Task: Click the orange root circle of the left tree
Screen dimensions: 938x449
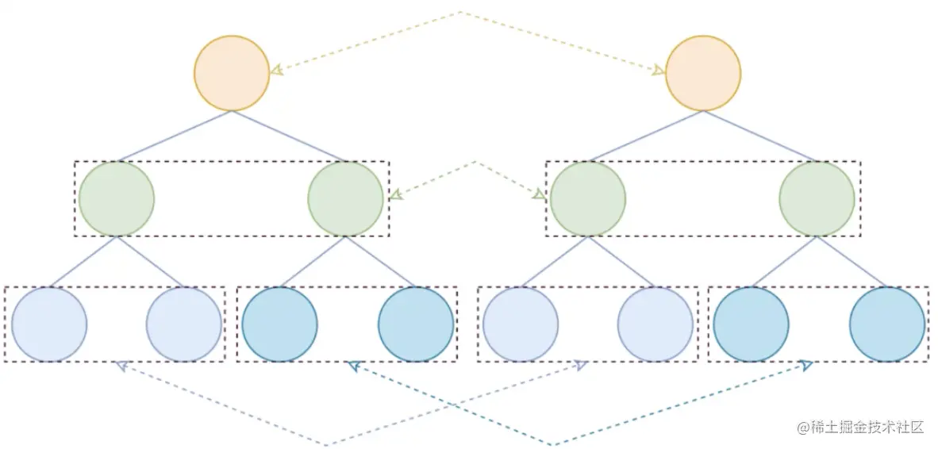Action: tap(232, 73)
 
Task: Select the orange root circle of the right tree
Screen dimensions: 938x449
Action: tap(703, 73)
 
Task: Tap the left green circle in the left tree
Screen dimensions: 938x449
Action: tap(117, 198)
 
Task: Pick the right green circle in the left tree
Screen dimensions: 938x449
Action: tap(346, 198)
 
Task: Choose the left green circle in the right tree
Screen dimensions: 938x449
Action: tap(588, 198)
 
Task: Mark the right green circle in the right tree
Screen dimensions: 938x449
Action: tap(817, 198)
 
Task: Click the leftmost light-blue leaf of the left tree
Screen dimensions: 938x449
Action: tap(49, 324)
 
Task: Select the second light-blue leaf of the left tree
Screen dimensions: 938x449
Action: tap(184, 324)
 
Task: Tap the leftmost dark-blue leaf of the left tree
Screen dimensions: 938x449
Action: tap(279, 324)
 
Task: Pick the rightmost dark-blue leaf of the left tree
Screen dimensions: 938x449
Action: tap(416, 324)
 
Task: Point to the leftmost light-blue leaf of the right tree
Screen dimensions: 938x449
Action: tap(521, 324)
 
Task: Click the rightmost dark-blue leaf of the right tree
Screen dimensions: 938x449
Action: tap(887, 324)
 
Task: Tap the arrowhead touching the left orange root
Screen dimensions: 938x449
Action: tap(276, 71)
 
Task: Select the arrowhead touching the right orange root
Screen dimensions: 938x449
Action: tap(659, 71)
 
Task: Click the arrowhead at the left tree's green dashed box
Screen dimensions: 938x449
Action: tap(395, 194)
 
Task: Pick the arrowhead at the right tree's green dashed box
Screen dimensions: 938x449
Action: tap(539, 194)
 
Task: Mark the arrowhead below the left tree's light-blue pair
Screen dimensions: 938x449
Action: tap(121, 365)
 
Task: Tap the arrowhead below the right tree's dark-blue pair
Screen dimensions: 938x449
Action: tap(806, 365)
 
